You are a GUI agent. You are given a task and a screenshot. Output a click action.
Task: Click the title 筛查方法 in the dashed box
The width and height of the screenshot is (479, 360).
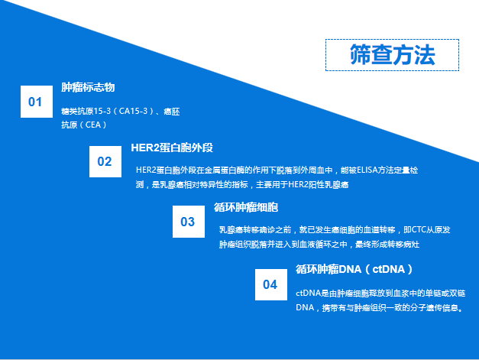tap(392, 55)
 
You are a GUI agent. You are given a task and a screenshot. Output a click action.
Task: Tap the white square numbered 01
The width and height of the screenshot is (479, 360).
tap(37, 102)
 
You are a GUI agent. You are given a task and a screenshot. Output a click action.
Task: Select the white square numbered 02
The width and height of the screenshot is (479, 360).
tap(105, 161)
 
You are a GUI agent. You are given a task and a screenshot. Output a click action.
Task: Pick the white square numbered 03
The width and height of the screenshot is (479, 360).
tap(189, 222)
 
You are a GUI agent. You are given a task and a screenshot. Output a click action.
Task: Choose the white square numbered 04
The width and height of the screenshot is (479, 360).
tap(271, 284)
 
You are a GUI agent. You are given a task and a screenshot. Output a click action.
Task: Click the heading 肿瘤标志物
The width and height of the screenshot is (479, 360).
tap(88, 87)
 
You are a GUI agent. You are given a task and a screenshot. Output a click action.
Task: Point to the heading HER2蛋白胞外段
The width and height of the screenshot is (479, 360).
tap(172, 148)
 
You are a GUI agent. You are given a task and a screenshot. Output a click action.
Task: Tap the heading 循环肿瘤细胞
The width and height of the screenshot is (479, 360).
tap(246, 207)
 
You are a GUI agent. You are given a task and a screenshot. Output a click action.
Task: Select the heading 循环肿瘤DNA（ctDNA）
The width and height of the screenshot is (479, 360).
tap(354, 269)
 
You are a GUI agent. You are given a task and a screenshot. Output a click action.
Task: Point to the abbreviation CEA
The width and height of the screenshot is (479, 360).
tap(93, 125)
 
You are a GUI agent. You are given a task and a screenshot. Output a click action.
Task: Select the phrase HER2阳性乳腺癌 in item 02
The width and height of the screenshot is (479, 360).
tap(319, 184)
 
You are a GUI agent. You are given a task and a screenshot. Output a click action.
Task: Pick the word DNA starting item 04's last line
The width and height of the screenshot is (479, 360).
tap(305, 307)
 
